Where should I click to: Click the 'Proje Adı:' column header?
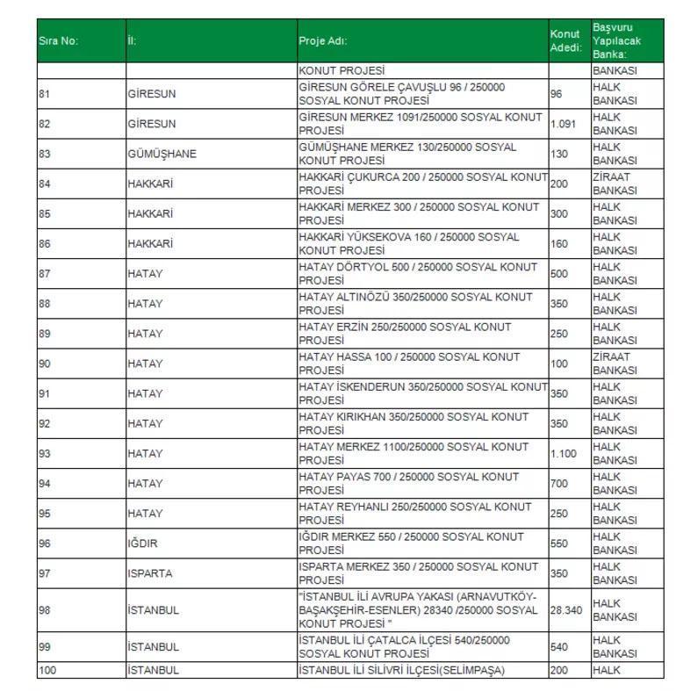pyautogui.click(x=322, y=41)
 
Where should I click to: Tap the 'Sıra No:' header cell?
pyautogui.click(x=58, y=41)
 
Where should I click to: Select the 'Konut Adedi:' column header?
pyautogui.click(x=565, y=41)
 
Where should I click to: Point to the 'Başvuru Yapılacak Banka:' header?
pyautogui.click(x=616, y=41)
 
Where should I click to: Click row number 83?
pyautogui.click(x=45, y=154)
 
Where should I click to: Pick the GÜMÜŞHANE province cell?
pyautogui.click(x=162, y=154)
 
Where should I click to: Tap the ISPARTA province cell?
pyautogui.click(x=150, y=573)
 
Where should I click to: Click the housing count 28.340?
pyautogui.click(x=566, y=609)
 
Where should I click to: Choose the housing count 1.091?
pyautogui.click(x=563, y=124)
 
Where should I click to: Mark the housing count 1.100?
pyautogui.click(x=563, y=453)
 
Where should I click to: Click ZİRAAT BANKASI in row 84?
pyautogui.click(x=615, y=184)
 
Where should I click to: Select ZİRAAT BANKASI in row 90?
pyautogui.click(x=615, y=363)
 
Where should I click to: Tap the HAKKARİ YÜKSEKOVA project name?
pyautogui.click(x=408, y=243)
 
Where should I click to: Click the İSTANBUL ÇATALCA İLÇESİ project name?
pyautogui.click(x=404, y=646)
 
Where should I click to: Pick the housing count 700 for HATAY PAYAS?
pyautogui.click(x=559, y=483)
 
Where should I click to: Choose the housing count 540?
pyautogui.click(x=559, y=646)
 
